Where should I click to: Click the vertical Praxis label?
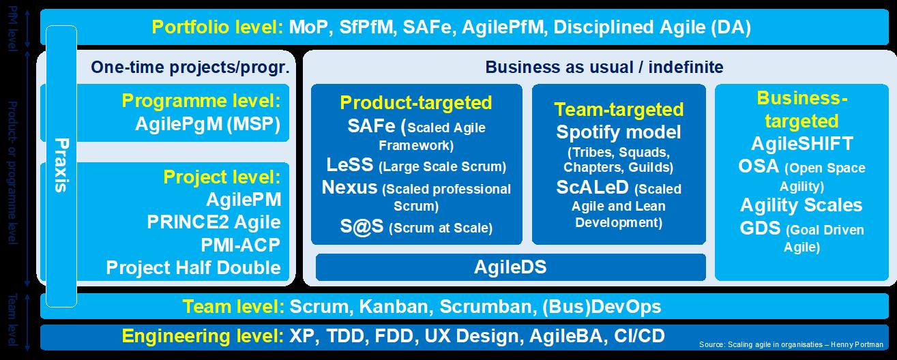(x=61, y=165)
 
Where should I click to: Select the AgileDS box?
(x=510, y=267)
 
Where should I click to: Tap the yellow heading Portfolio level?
(x=217, y=27)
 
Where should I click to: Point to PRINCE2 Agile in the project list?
(x=214, y=222)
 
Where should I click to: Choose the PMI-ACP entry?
(x=240, y=245)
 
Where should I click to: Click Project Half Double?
(x=193, y=267)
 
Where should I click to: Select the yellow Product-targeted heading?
(x=415, y=102)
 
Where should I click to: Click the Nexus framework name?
(x=349, y=187)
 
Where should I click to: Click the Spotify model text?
(x=619, y=132)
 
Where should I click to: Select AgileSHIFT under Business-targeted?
(x=802, y=144)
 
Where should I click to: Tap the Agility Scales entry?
(x=801, y=205)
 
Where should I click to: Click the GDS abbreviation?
(x=760, y=228)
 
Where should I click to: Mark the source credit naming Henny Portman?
(x=791, y=344)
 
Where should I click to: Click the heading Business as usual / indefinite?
(x=604, y=67)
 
